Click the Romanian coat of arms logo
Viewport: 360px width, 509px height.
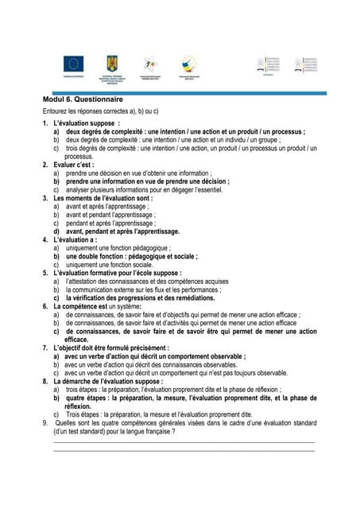point(110,63)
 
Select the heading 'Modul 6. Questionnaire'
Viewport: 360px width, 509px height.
point(83,99)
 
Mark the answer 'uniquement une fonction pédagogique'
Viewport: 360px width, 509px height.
point(120,248)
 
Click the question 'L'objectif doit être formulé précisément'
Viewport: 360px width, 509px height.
point(111,348)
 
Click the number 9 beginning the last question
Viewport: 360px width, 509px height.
point(45,423)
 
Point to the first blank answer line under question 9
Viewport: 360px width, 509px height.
point(184,442)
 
